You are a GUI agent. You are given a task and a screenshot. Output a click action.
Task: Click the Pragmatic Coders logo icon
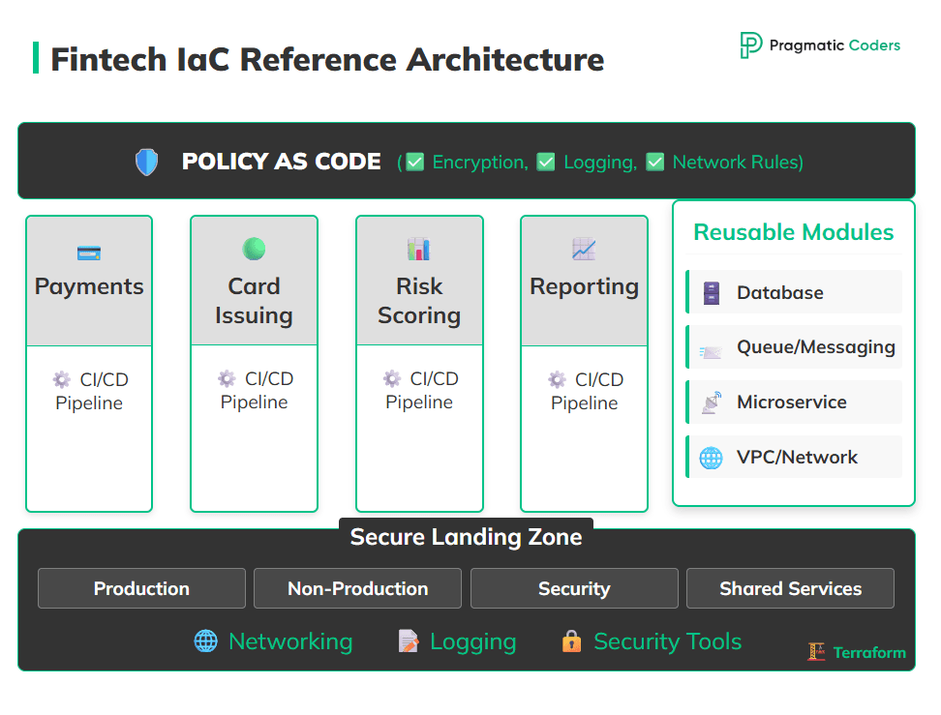tap(750, 45)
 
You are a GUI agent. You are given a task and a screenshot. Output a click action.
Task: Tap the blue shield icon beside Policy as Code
tap(146, 162)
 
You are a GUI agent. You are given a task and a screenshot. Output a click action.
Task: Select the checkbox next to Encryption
tap(415, 162)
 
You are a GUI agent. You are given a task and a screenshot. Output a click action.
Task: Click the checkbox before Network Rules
tap(655, 162)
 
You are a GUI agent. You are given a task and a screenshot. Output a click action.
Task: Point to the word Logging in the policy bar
tap(599, 162)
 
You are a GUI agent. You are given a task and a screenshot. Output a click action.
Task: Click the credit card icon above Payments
tap(89, 253)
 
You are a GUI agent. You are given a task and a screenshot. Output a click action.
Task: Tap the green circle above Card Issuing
tap(254, 249)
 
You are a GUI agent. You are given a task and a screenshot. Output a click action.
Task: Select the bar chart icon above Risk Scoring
tap(418, 250)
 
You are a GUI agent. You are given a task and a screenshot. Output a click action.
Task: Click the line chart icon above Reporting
tap(584, 250)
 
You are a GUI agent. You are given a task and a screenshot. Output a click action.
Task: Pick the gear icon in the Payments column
tap(62, 379)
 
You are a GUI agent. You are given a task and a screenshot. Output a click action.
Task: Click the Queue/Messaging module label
tap(815, 347)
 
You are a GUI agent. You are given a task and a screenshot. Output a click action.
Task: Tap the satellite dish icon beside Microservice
tap(711, 402)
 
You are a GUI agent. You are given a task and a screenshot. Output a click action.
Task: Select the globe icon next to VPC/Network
tap(711, 458)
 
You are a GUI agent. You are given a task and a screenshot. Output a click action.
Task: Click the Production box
tap(141, 588)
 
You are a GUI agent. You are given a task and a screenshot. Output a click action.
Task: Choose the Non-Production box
tap(357, 588)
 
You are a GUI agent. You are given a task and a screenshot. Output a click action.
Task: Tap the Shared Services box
tap(790, 588)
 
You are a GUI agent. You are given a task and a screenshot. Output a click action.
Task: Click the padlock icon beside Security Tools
tap(571, 641)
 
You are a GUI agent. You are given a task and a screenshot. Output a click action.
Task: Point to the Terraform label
tap(868, 652)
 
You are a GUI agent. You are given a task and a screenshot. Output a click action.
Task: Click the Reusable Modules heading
tap(793, 232)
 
